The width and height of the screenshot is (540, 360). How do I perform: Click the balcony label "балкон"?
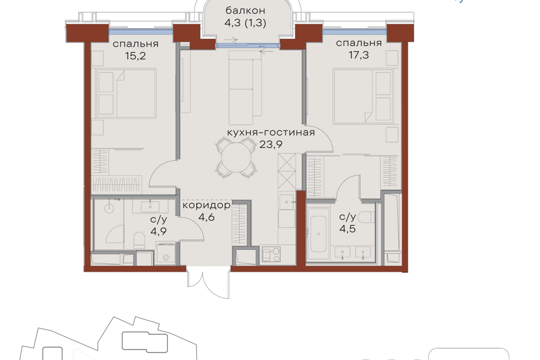coord(245,10)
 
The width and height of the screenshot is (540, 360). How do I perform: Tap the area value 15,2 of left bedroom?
coord(136,56)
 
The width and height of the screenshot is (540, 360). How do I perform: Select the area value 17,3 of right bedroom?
coord(358,55)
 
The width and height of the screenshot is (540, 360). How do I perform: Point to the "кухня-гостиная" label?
coord(271,132)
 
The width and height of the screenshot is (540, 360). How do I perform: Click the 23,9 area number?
coord(271,144)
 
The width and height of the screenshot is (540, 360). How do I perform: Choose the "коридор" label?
coord(206,206)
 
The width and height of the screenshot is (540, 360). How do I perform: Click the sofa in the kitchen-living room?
coord(245,88)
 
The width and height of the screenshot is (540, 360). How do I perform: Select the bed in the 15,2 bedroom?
coord(127,93)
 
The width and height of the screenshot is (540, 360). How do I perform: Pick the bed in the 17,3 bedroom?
coord(363,96)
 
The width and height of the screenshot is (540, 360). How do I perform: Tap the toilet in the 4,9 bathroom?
coord(139,240)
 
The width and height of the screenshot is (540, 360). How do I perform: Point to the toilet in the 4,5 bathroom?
coord(366,217)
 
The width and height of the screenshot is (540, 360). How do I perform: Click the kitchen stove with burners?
coord(271,254)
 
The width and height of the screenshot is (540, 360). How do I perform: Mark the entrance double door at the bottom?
coord(208,282)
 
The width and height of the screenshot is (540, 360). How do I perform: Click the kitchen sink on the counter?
coord(287,202)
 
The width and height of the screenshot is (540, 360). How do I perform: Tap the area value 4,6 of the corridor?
coord(206,217)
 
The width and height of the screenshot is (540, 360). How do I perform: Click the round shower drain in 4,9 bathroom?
coord(110,208)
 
